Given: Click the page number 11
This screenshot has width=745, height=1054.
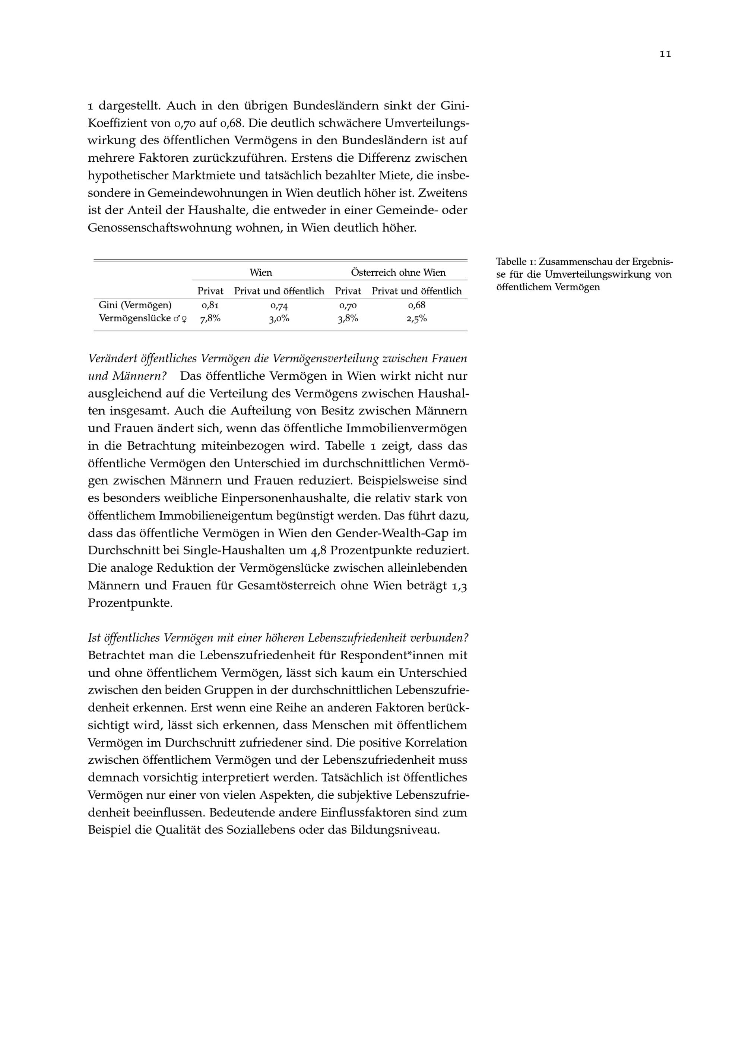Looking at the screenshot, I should [665, 54].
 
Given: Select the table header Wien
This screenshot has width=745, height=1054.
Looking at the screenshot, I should [261, 273].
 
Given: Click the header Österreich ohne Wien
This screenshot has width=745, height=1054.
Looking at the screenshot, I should [398, 273].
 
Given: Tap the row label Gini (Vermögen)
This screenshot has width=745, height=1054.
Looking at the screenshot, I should [135, 305].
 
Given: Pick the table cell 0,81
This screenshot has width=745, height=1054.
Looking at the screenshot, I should [210, 305].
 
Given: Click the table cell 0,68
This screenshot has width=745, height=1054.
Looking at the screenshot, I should [416, 305].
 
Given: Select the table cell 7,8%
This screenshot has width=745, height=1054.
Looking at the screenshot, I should [210, 319].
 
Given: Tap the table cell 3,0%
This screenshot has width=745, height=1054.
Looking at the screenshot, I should [279, 319].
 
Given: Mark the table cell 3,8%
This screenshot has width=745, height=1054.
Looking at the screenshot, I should [348, 319].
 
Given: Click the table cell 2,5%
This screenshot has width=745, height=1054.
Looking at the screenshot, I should [416, 319].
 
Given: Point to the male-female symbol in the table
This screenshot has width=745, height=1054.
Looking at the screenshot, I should [180, 319].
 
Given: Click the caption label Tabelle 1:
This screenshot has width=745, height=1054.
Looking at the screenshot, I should [516, 262].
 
